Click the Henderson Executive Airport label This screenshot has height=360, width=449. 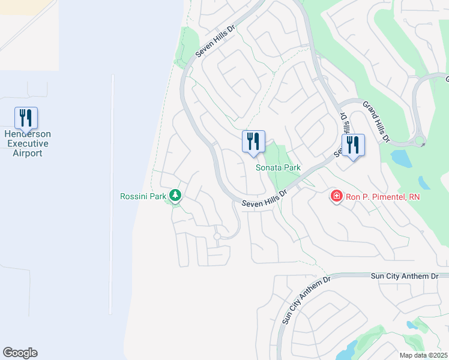coord(27,143)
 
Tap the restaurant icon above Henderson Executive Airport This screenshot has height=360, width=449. coord(26,117)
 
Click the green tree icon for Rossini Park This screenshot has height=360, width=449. coord(175,195)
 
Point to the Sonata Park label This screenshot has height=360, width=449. coord(277,168)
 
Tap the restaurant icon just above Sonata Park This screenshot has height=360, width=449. coord(253,141)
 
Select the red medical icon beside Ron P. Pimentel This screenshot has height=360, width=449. coord(336,196)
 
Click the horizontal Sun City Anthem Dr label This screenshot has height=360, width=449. coord(405,275)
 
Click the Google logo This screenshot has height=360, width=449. coord(20,353)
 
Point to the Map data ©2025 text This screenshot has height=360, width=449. coord(423,355)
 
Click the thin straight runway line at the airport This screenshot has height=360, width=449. coord(112,192)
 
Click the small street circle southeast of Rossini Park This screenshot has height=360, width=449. coord(217,236)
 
